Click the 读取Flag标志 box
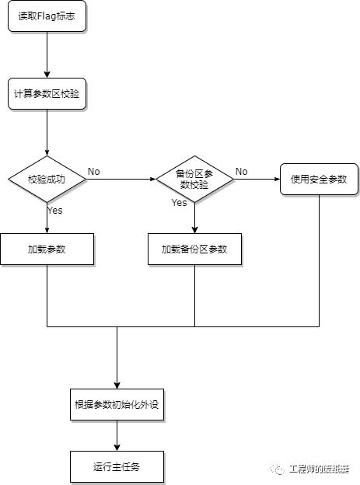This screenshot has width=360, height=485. pyautogui.click(x=47, y=16)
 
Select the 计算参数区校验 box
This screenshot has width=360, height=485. pyautogui.click(x=47, y=94)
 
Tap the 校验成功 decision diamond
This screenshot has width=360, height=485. pyautogui.click(x=47, y=179)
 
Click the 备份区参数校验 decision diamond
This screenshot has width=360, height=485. pyautogui.click(x=194, y=179)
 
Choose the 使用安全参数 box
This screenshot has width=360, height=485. pyautogui.click(x=319, y=179)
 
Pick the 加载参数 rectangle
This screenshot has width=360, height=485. pyautogui.click(x=47, y=249)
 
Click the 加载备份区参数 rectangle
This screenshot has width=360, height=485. pyautogui.click(x=194, y=249)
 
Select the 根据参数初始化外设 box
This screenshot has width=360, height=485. pyautogui.click(x=117, y=404)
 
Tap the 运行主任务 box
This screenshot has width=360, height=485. pyautogui.click(x=117, y=466)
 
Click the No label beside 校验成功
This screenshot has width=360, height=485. pyautogui.click(x=94, y=171)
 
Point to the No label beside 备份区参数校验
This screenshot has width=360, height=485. pyautogui.click(x=242, y=171)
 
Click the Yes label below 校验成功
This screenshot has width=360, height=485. pyautogui.click(x=54, y=211)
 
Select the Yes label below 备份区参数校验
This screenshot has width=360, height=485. pyautogui.click(x=180, y=203)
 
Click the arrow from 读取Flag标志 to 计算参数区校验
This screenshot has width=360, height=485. pyautogui.click(x=47, y=54)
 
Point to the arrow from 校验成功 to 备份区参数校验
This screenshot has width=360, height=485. pyautogui.click(x=121, y=179)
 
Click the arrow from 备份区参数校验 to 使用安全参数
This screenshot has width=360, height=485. pyautogui.click(x=257, y=179)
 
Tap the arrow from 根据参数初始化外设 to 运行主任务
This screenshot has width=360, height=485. pyautogui.click(x=117, y=435)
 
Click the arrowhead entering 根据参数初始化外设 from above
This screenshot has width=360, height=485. pyautogui.click(x=117, y=386)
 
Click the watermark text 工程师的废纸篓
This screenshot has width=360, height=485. pyautogui.click(x=319, y=469)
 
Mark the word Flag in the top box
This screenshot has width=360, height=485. pyautogui.click(x=47, y=16)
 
